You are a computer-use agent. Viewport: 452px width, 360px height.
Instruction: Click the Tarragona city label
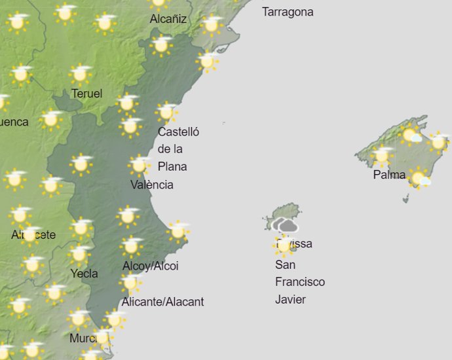[288, 12]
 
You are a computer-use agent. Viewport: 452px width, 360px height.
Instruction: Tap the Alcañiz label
[168, 19]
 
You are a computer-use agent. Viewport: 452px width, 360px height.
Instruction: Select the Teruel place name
[86, 94]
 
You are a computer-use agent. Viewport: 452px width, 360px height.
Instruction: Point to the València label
[152, 185]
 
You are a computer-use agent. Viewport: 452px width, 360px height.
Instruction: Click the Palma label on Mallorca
[389, 175]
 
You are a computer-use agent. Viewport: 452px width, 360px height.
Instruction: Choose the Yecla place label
[84, 273]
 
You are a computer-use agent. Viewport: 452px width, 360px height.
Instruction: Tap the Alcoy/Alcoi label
[150, 266]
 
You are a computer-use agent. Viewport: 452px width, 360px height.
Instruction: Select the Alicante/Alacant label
[162, 302]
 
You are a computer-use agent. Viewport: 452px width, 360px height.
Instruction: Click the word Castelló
[178, 132]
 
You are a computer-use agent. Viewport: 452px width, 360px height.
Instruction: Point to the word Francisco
[299, 282]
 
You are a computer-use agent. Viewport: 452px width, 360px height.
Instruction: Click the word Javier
[290, 300]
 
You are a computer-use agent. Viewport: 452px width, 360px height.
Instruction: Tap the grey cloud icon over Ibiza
[285, 226]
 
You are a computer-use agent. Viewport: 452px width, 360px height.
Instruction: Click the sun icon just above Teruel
[81, 74]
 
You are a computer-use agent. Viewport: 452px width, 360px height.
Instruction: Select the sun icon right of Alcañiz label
[211, 25]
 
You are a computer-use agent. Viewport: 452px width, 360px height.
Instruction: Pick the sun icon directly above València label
[138, 165]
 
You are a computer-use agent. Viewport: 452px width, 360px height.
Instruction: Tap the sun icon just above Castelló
[166, 112]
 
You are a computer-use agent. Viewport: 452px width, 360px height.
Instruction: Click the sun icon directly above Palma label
[382, 156]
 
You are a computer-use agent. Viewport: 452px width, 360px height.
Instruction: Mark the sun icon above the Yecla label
[80, 254]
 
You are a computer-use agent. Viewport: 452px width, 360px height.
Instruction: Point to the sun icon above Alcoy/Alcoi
[131, 245]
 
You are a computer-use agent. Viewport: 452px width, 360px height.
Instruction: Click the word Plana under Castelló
[172, 166]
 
